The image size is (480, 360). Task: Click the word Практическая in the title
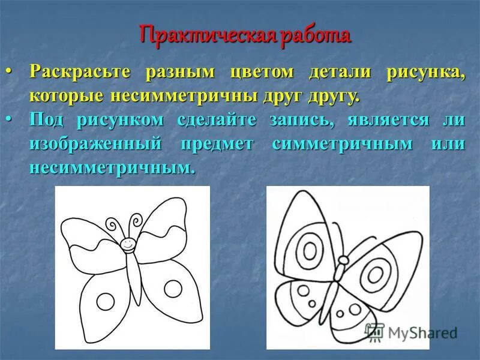206,35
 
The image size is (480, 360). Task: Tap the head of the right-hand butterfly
343,260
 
